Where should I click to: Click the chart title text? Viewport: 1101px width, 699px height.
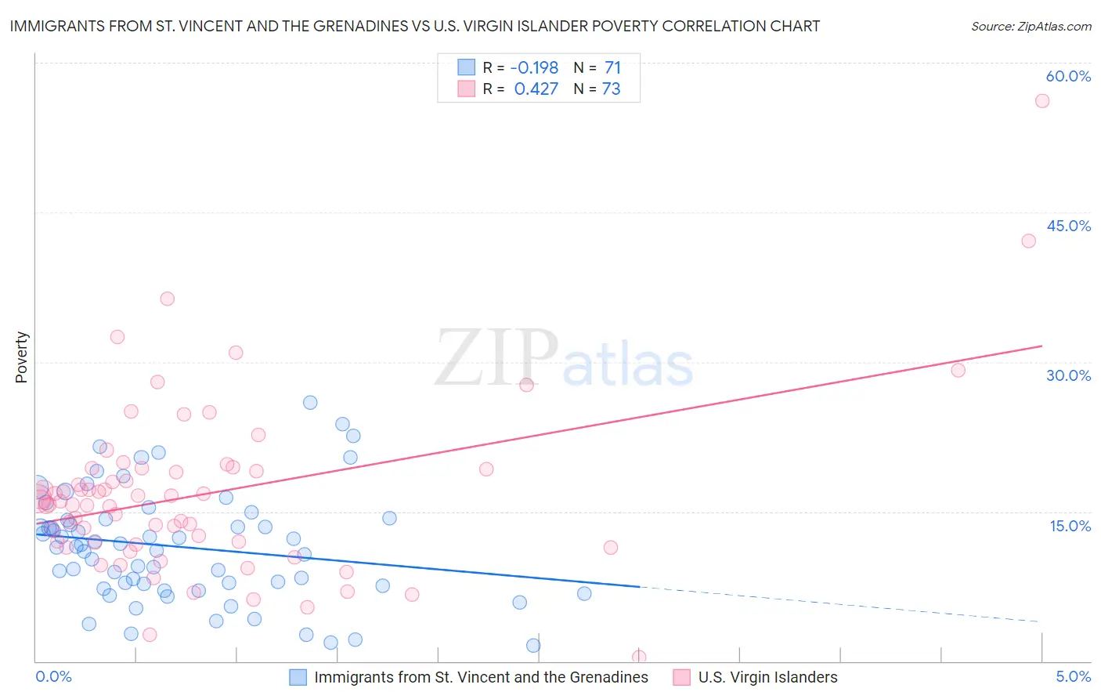(x=415, y=26)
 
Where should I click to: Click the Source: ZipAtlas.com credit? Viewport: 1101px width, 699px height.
(x=1031, y=26)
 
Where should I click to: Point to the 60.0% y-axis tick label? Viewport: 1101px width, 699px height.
(x=1068, y=76)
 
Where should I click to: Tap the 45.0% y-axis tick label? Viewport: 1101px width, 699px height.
(x=1068, y=226)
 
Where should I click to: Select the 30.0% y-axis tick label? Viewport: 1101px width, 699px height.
(x=1068, y=375)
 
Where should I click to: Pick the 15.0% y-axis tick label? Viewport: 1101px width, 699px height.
(x=1070, y=526)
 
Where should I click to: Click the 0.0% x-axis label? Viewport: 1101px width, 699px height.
(x=53, y=676)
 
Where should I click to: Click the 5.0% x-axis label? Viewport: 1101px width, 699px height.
(x=1073, y=676)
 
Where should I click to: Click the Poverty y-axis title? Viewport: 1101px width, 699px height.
(x=21, y=357)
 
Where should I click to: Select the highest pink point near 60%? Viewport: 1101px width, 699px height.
(x=1042, y=100)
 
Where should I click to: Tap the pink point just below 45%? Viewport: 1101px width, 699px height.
(x=1028, y=241)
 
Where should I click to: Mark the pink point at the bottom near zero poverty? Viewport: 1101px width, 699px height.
(x=639, y=657)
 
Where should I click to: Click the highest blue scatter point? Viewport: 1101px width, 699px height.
(x=310, y=402)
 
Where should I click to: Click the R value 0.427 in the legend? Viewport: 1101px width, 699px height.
(x=536, y=89)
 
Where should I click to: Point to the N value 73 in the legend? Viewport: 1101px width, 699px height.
(x=611, y=89)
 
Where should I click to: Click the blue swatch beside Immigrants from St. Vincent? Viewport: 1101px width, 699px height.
(x=298, y=677)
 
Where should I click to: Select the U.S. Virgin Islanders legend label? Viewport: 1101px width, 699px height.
(x=767, y=677)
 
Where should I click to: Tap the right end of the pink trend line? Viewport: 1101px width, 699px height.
(x=1041, y=346)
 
